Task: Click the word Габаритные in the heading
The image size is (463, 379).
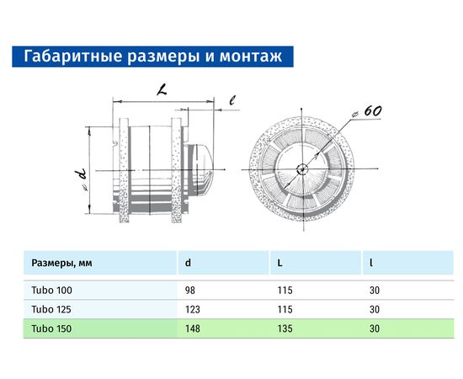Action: pyautogui.click(x=65, y=56)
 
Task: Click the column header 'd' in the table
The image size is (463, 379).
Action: pyautogui.click(x=187, y=263)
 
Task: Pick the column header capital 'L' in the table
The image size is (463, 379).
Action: pyautogui.click(x=279, y=263)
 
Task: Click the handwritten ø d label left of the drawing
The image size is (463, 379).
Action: pyautogui.click(x=81, y=177)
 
